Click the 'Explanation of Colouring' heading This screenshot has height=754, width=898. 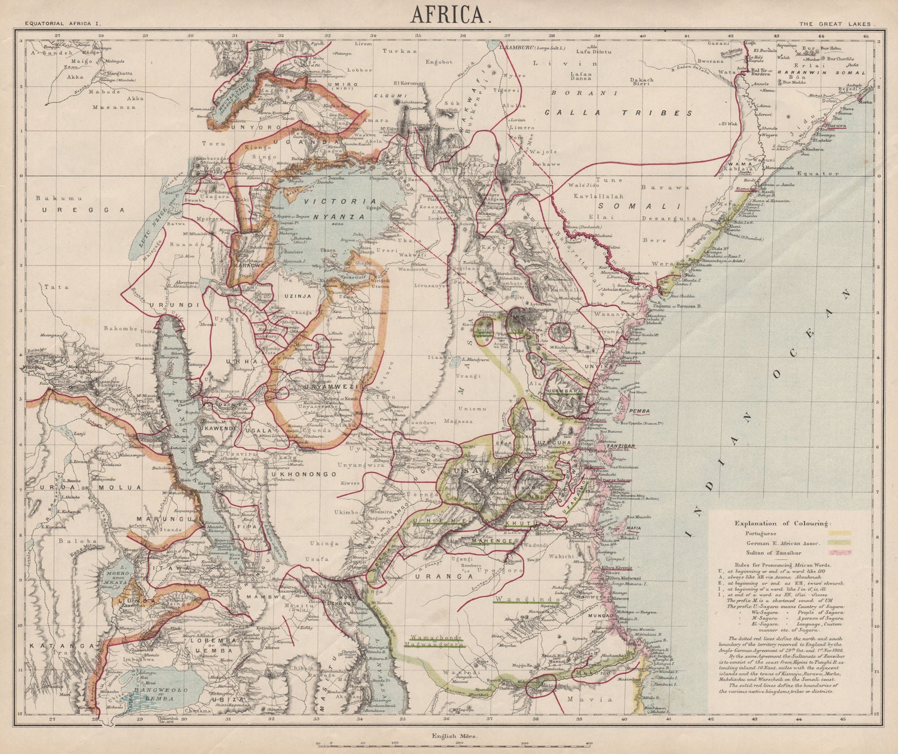point(783,523)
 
